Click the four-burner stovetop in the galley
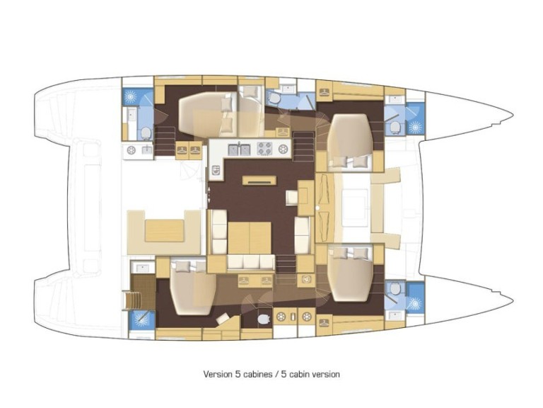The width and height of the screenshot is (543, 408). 265,149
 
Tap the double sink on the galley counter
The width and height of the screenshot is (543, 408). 239,149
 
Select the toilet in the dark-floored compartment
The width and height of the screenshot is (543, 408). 264,319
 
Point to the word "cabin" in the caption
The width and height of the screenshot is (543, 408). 300,374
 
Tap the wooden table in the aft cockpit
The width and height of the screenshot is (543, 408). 164,231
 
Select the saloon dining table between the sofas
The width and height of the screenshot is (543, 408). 250,238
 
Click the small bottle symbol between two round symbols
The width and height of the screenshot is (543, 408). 293,317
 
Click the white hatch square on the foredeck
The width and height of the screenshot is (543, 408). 355,208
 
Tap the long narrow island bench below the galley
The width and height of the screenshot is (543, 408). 259,181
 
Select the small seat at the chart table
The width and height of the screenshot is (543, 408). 291,198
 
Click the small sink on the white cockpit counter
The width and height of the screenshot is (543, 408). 146,150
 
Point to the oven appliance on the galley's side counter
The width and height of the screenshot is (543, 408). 216,170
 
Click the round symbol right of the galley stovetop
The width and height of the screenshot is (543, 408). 283,149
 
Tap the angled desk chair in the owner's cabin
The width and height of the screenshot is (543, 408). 223,318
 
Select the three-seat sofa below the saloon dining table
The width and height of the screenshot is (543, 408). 251,262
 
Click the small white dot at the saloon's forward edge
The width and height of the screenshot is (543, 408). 317,208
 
